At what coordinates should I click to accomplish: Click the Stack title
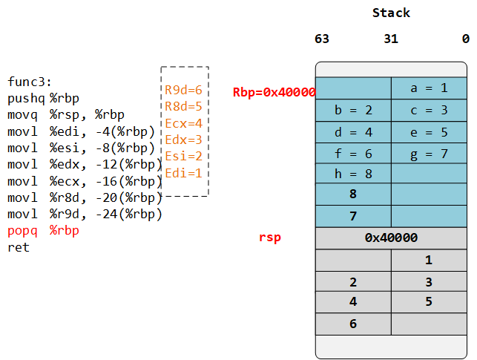pos(391,13)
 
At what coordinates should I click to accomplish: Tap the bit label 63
pos(322,39)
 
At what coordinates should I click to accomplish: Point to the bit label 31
pos(391,39)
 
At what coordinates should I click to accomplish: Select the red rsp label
pos(269,238)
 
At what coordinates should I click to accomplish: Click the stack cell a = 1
pos(429,88)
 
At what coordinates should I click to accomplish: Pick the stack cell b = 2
pos(353,110)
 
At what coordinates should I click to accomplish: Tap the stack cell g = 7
pos(429,154)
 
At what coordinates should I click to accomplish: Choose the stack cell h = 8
pos(353,174)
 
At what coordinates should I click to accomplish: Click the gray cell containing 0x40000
pos(391,238)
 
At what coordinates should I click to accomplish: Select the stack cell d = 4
pos(353,132)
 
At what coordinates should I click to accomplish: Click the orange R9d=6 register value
pos(183,90)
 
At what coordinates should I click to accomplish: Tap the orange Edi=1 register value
pos(183,173)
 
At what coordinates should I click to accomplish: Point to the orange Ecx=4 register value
pos(183,123)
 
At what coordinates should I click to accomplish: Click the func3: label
pos(30,82)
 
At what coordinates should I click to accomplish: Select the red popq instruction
pos(22,231)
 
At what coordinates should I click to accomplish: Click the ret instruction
pos(18,247)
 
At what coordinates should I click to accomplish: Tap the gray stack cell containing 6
pos(353,324)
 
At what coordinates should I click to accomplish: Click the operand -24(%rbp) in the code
pos(129,215)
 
